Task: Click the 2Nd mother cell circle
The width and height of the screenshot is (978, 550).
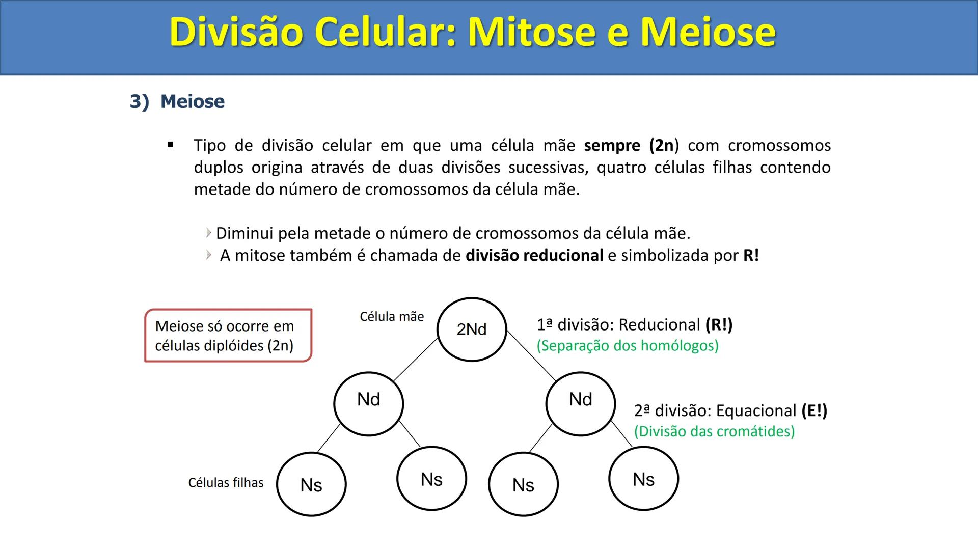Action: (472, 329)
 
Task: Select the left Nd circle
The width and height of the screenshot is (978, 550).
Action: (368, 403)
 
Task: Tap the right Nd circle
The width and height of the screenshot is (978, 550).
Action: (580, 403)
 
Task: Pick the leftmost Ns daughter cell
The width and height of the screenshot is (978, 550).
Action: (311, 484)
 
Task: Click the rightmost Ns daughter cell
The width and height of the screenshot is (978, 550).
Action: (643, 479)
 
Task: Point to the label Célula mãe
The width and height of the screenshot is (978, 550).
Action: (391, 317)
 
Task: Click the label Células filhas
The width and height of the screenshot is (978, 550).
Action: (226, 482)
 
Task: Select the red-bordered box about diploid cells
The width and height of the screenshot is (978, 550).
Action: (228, 336)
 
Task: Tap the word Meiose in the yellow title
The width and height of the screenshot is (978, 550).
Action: (708, 32)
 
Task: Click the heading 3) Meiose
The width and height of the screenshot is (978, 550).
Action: (177, 101)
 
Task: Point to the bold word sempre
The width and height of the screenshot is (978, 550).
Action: (612, 146)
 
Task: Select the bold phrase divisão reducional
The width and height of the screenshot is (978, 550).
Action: (534, 255)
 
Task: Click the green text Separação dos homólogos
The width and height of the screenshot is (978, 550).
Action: (628, 346)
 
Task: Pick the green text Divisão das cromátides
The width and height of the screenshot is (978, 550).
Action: (714, 431)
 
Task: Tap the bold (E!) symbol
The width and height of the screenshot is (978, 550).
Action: (814, 410)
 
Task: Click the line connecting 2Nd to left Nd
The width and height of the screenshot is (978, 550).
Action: (415, 360)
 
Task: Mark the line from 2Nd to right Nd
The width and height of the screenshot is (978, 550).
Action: (531, 356)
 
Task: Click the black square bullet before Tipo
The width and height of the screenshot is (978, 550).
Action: (171, 145)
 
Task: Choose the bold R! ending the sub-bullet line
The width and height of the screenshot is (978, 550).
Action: (751, 255)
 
